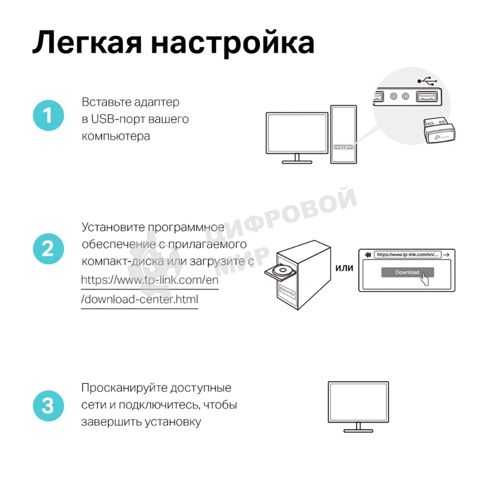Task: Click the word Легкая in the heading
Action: (x=85, y=43)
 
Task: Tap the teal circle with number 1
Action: (x=48, y=116)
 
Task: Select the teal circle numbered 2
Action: (x=48, y=249)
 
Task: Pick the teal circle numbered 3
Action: (x=48, y=405)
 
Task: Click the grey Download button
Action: (x=407, y=272)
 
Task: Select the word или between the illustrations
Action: (x=344, y=268)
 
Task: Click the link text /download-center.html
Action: (x=140, y=299)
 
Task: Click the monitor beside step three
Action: (x=358, y=404)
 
